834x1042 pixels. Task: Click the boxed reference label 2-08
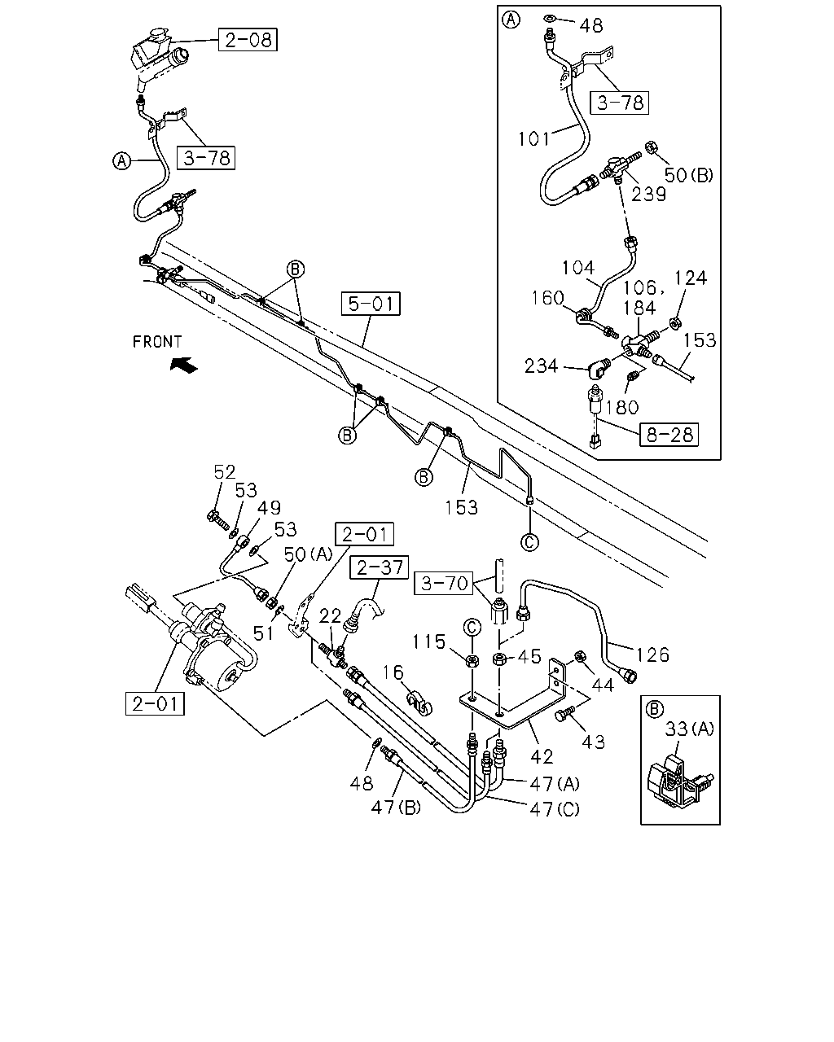[248, 39]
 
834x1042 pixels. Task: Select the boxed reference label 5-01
[371, 304]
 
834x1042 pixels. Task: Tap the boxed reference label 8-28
[669, 435]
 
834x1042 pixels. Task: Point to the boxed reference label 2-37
[380, 567]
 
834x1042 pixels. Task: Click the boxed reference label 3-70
[443, 583]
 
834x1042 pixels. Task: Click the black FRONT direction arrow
[184, 365]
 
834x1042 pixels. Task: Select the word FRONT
[157, 342]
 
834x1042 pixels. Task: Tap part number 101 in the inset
[533, 139]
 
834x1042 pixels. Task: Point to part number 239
[648, 195]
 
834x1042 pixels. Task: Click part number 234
[542, 366]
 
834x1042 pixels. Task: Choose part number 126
[652, 655]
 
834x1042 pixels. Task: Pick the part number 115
[429, 642]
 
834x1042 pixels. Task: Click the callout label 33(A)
[690, 729]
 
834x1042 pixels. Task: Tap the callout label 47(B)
[396, 808]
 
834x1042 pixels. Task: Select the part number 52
[224, 472]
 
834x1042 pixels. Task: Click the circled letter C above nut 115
[472, 628]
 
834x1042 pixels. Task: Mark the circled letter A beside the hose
[121, 160]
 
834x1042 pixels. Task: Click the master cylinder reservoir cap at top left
[158, 34]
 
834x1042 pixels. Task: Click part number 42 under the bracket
[542, 756]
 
